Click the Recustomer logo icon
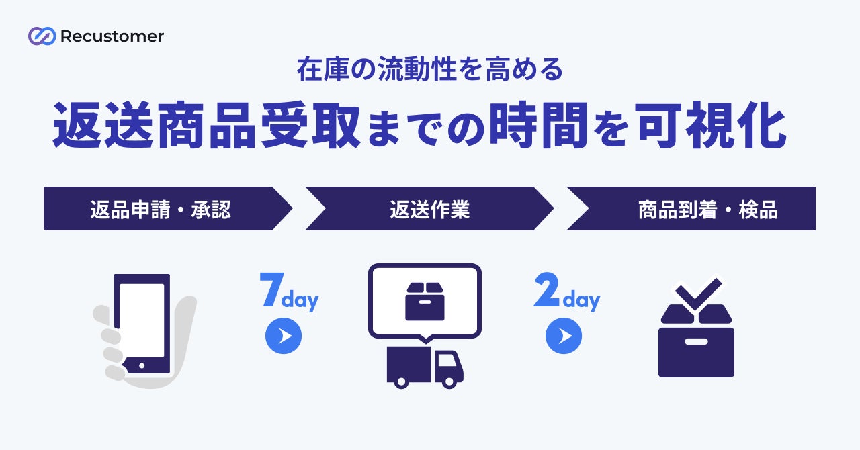coord(42,36)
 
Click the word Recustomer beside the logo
coord(112,36)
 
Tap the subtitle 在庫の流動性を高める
coord(429,70)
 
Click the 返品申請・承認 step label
coord(160,210)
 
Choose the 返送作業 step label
coord(429,210)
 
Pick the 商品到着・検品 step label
coord(707,210)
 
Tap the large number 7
coord(270,290)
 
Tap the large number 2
coord(546,290)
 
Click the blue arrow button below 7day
coord(284,336)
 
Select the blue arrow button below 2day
coord(563,336)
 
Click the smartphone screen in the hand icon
coord(141,320)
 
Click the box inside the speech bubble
coord(425,301)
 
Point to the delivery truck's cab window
coord(447,363)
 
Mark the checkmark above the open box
coord(699,293)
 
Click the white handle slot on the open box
coord(696,341)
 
